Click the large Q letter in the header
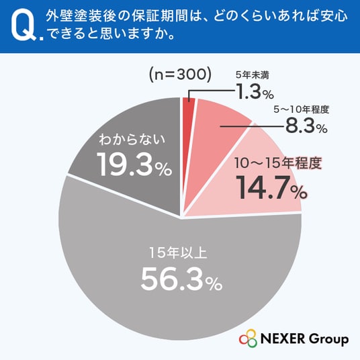point(24,26)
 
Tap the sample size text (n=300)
point(180,75)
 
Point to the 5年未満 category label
point(253,75)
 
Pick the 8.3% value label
point(306,126)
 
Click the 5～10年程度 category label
point(302,109)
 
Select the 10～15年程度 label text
point(278,163)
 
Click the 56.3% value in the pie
point(181,279)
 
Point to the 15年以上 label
point(179,253)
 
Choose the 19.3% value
point(134,164)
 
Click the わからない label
point(132,140)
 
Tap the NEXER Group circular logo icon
point(248,338)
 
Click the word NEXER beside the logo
point(283,339)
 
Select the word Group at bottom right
point(328,340)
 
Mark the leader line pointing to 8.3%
point(253,126)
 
